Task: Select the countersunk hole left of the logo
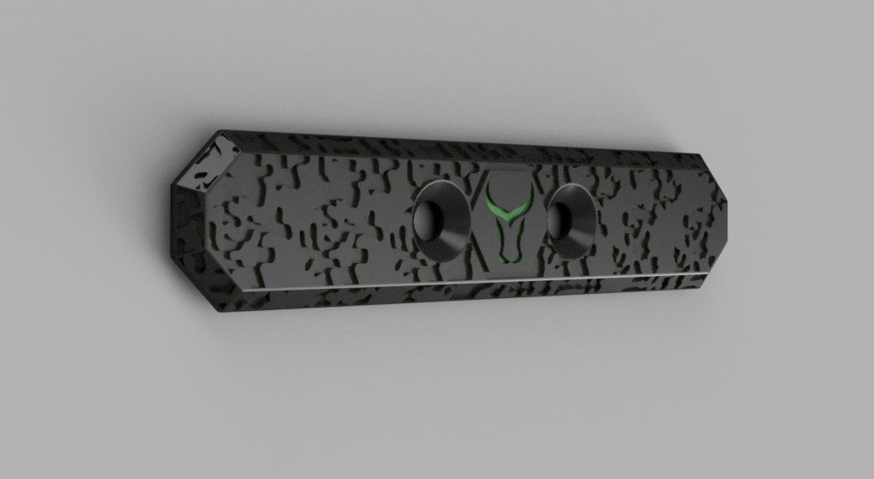pos(441,219)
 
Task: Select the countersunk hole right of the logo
pos(571,219)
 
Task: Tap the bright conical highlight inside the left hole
pos(454,225)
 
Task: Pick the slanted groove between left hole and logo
pos(480,223)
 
